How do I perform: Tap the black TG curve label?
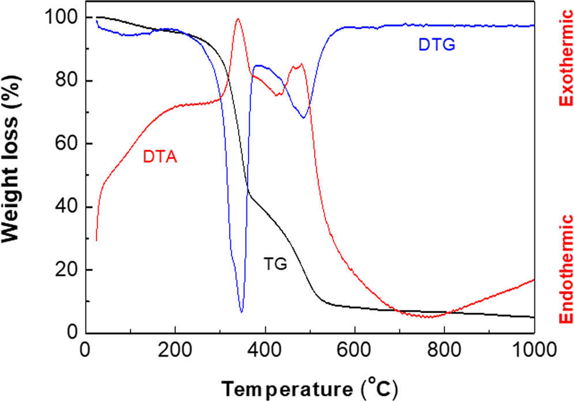click(x=276, y=264)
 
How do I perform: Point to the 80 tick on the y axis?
click(x=67, y=81)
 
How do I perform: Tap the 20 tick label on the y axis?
click(x=67, y=270)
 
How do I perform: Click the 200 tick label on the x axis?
click(x=175, y=350)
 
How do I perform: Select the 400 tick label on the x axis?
click(x=265, y=350)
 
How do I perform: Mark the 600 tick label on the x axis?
click(x=354, y=350)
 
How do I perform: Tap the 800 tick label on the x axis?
click(x=444, y=350)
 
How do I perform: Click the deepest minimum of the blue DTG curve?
click(x=241, y=312)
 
